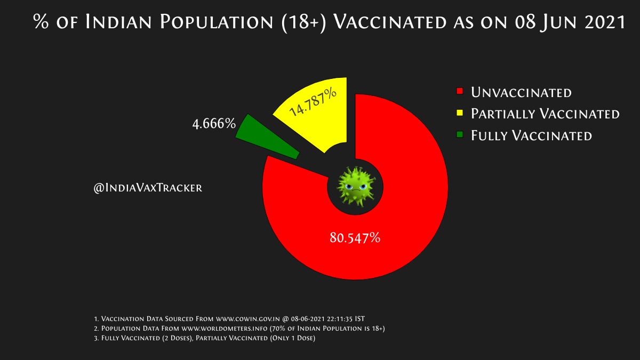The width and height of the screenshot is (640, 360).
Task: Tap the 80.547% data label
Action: point(355,237)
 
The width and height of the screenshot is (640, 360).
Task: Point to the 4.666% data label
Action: point(214,124)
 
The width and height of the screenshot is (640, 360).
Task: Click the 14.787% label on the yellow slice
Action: point(313,102)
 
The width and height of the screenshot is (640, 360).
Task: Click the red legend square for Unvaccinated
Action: point(460,91)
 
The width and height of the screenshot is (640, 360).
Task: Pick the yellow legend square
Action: point(460,113)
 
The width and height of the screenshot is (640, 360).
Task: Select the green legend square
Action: point(460,134)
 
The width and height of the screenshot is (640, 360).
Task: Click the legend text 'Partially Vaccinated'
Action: point(545,114)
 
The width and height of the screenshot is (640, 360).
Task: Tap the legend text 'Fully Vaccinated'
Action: point(531,135)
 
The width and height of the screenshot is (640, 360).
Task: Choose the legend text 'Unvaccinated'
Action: point(521,92)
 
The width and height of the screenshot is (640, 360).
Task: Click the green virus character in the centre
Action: point(356,186)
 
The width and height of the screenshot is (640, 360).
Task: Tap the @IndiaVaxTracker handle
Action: point(148,188)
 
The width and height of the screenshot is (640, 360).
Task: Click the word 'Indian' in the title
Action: point(118,22)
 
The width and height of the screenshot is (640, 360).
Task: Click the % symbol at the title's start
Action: point(41,21)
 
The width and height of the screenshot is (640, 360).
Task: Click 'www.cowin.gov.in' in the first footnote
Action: point(247,319)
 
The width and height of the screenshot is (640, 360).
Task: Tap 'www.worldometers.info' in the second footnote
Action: point(225,329)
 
